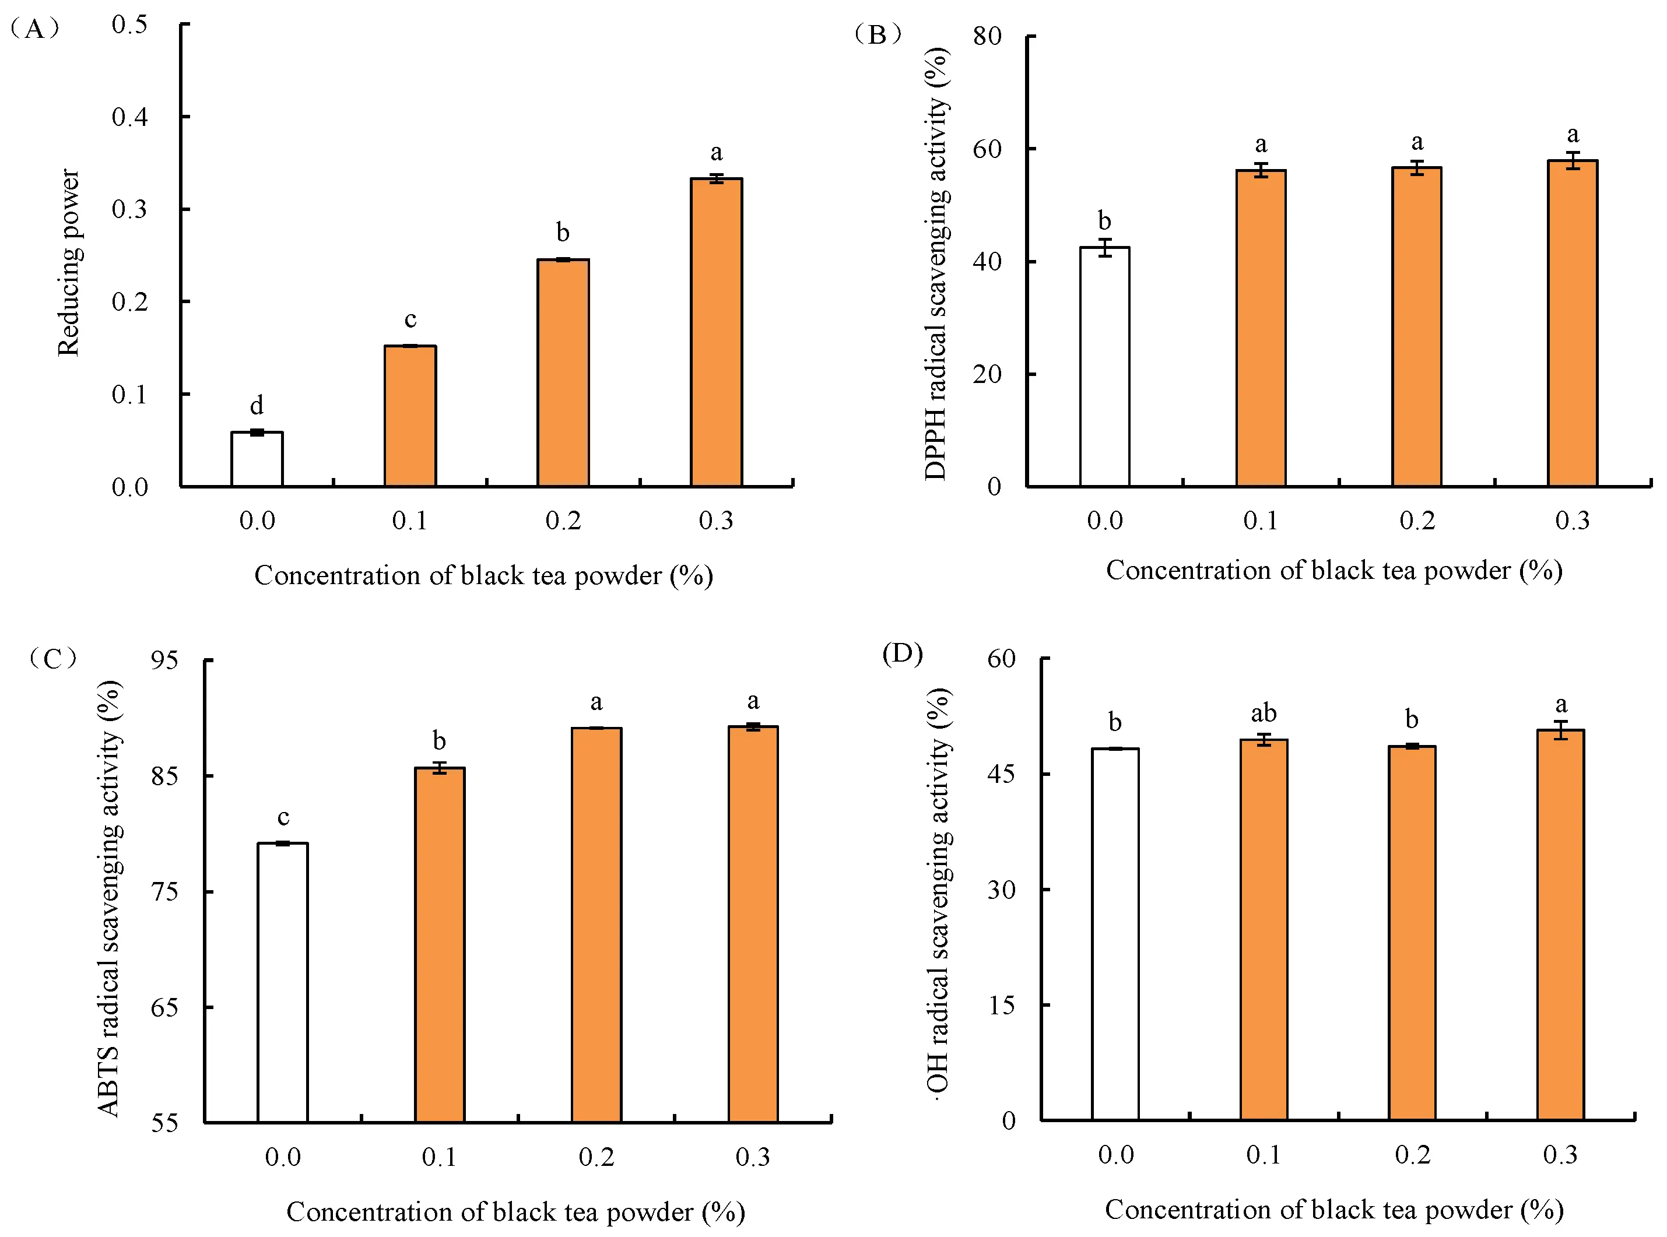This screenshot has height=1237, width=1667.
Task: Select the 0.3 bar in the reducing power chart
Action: click(x=716, y=333)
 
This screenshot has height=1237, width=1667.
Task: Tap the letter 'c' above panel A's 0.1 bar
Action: click(x=410, y=319)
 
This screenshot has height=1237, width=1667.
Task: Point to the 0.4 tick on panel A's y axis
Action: click(x=129, y=117)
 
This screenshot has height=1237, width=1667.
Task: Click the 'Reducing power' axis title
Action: click(x=69, y=262)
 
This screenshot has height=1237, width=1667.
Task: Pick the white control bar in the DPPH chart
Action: click(x=1104, y=367)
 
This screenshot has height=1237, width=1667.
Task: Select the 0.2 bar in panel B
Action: click(x=1416, y=327)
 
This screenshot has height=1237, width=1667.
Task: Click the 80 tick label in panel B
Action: click(x=987, y=36)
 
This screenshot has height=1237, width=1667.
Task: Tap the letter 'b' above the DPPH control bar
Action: click(x=1104, y=221)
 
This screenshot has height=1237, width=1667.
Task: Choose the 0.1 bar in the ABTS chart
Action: click(x=440, y=945)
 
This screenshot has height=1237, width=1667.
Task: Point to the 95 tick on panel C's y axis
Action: click(x=165, y=660)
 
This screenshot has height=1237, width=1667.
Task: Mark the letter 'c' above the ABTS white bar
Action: click(x=283, y=817)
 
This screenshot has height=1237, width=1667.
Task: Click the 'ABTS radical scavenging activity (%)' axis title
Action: click(x=110, y=898)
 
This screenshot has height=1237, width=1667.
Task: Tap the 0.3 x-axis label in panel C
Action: click(x=752, y=1157)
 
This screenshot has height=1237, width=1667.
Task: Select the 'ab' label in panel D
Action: click(x=1264, y=713)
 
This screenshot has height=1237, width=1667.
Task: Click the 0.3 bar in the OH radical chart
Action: click(x=1561, y=926)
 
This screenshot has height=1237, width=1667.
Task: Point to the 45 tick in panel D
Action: click(x=1001, y=774)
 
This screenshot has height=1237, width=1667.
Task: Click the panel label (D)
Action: click(x=903, y=653)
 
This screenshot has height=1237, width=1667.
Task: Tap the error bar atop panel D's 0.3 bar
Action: click(x=1561, y=730)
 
